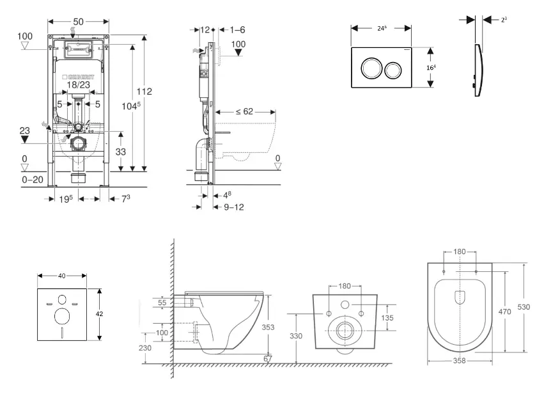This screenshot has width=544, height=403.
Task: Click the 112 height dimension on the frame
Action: coord(144,91)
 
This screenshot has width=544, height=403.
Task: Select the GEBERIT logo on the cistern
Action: coord(78,76)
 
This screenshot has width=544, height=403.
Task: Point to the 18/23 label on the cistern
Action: coord(78,84)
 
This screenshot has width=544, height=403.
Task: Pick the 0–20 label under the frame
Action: coord(33,180)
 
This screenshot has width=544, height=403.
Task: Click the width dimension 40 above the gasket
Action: coord(63,276)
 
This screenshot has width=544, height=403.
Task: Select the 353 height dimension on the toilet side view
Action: coord(270,326)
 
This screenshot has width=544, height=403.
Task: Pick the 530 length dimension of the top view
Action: coord(524,307)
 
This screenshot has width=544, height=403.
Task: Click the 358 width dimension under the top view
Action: coord(460,361)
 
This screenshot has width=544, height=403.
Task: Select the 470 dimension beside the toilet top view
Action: coord(504,312)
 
